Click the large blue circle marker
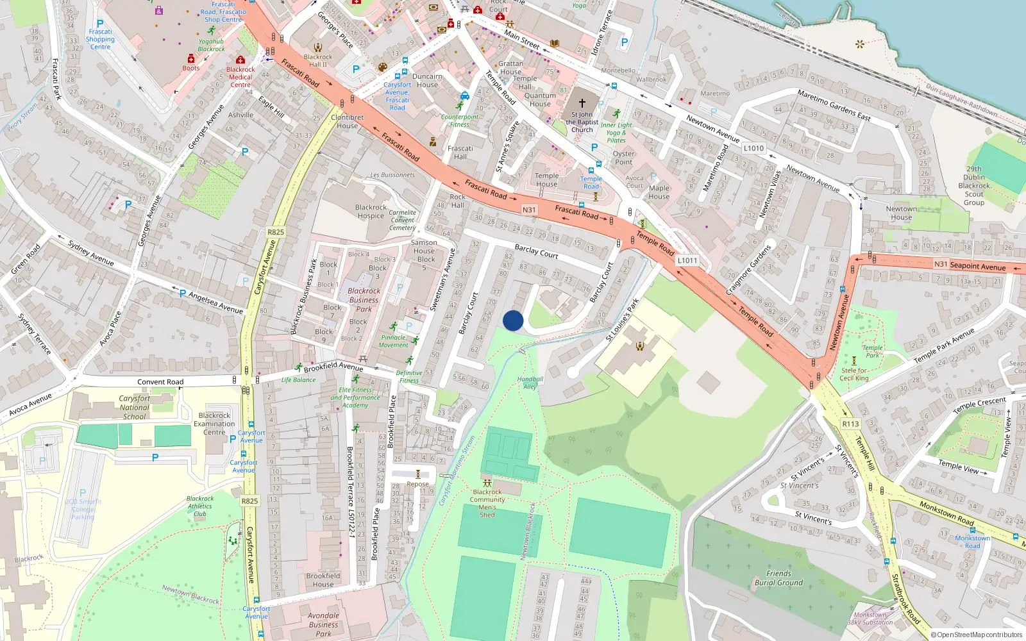click(x=513, y=320)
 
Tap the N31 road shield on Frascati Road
click(x=529, y=210)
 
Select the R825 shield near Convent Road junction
click(x=276, y=232)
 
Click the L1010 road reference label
click(x=753, y=148)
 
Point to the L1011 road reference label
click(x=687, y=260)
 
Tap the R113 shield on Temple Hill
click(x=850, y=424)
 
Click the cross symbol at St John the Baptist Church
click(x=582, y=103)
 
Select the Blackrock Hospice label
click(x=371, y=212)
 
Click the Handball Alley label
click(x=530, y=383)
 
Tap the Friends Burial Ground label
click(x=778, y=578)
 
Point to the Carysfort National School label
click(x=135, y=407)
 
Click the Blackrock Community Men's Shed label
click(x=487, y=503)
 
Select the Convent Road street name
click(x=160, y=382)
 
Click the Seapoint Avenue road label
click(x=977, y=265)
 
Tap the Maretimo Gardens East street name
click(x=834, y=106)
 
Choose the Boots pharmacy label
click(x=191, y=68)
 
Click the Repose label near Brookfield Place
click(x=417, y=484)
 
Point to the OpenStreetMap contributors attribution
click(x=976, y=635)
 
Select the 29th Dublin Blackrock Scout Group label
click(x=973, y=186)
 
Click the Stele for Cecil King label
click(x=854, y=374)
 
